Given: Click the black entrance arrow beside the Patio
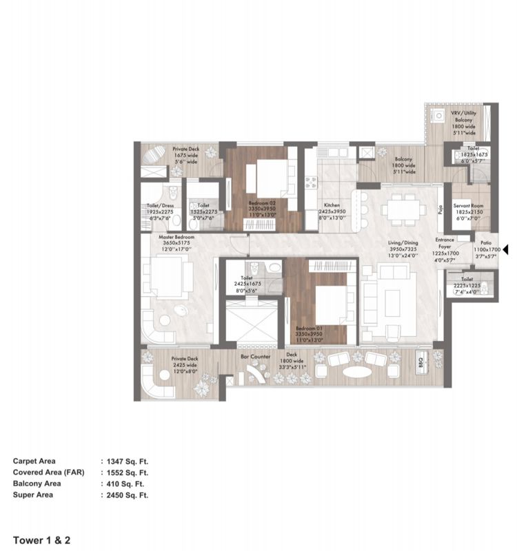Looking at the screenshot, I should click(505, 249).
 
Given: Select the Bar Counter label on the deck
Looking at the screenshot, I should click(255, 357).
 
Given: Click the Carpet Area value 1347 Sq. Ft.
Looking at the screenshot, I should click(126, 461).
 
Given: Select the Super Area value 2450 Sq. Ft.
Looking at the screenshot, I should click(126, 495).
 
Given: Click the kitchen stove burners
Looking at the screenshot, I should click(311, 183).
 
